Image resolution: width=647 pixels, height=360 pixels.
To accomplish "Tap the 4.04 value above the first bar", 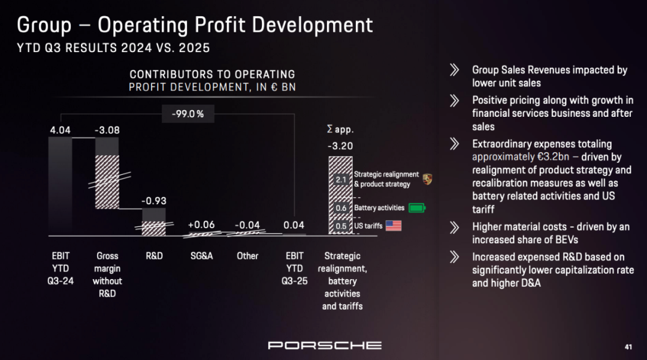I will click(x=61, y=129).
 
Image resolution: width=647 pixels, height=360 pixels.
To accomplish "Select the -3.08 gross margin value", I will click(x=107, y=129).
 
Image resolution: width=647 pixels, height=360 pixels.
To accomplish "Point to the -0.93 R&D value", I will click(x=154, y=200).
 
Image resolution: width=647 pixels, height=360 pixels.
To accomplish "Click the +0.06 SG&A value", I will click(x=201, y=225).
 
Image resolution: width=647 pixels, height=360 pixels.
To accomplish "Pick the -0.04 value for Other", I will click(x=247, y=225).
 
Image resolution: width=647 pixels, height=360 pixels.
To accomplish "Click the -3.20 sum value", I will click(x=340, y=146).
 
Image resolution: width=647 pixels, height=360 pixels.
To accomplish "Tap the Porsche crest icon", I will click(x=427, y=179).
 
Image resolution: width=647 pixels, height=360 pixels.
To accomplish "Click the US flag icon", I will click(x=393, y=226).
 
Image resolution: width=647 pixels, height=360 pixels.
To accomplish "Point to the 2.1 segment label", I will click(x=340, y=180).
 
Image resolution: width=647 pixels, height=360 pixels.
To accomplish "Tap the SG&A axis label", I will click(x=201, y=256).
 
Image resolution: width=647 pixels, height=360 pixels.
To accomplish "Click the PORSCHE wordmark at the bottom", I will click(x=324, y=345).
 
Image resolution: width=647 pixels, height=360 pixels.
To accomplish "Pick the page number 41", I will click(x=628, y=347).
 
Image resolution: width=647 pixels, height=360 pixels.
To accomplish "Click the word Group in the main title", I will click(x=44, y=25).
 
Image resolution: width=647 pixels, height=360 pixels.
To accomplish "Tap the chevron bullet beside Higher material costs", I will click(x=455, y=227).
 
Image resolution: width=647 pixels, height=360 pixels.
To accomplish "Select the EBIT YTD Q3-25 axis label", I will click(x=294, y=268).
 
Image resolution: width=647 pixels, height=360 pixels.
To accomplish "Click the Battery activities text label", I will click(x=379, y=208).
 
